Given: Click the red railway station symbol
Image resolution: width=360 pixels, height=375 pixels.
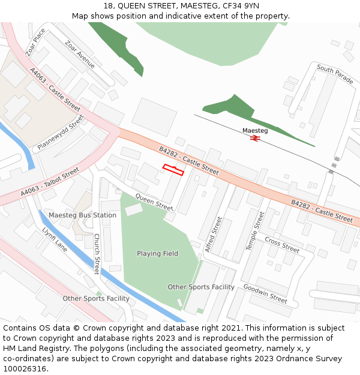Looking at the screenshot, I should click(255, 139).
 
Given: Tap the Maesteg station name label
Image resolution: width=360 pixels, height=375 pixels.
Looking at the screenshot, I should click(255, 130).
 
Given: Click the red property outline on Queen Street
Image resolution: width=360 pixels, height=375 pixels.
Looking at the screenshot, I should click(173, 170).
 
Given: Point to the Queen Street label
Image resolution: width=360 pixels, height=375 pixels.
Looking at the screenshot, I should click(154, 201).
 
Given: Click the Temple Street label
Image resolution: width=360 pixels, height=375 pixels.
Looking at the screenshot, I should click(255, 231).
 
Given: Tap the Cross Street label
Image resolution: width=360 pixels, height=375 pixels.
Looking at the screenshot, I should click(282, 245).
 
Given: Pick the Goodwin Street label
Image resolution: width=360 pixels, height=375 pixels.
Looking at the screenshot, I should click(265, 293).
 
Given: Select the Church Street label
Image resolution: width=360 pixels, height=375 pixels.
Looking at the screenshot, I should click(97, 254).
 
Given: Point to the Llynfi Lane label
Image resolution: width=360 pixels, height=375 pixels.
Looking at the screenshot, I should click(55, 238).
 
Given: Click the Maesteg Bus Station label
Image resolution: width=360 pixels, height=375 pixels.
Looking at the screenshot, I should click(82, 215).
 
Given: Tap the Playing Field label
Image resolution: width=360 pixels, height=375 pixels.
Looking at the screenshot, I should click(157, 253).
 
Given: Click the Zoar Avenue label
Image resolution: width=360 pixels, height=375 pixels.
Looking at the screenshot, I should click(80, 54).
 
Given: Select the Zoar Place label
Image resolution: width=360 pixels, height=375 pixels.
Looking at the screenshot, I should click(35, 43).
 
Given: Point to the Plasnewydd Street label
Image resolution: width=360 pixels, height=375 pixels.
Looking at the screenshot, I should click(60, 133).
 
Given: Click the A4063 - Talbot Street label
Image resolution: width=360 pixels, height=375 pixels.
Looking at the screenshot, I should click(50, 182).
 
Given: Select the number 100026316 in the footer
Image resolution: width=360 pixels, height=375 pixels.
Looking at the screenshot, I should click(25, 368).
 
